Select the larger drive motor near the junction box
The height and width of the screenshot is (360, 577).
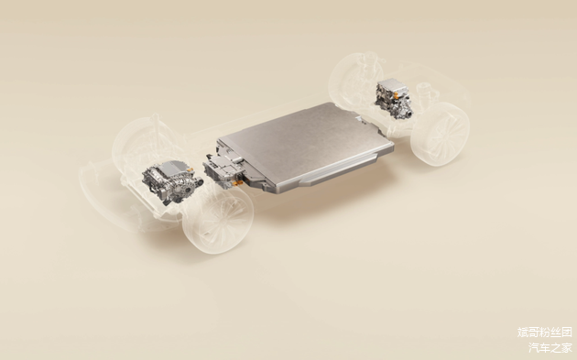point(171,181)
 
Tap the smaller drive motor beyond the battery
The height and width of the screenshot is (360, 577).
point(394,98)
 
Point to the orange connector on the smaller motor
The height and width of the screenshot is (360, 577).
point(396,95)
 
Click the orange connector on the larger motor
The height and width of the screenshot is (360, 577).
point(191,169)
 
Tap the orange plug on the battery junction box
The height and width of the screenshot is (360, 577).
point(238,182)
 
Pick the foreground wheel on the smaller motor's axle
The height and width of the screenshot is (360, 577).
point(441,134)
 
